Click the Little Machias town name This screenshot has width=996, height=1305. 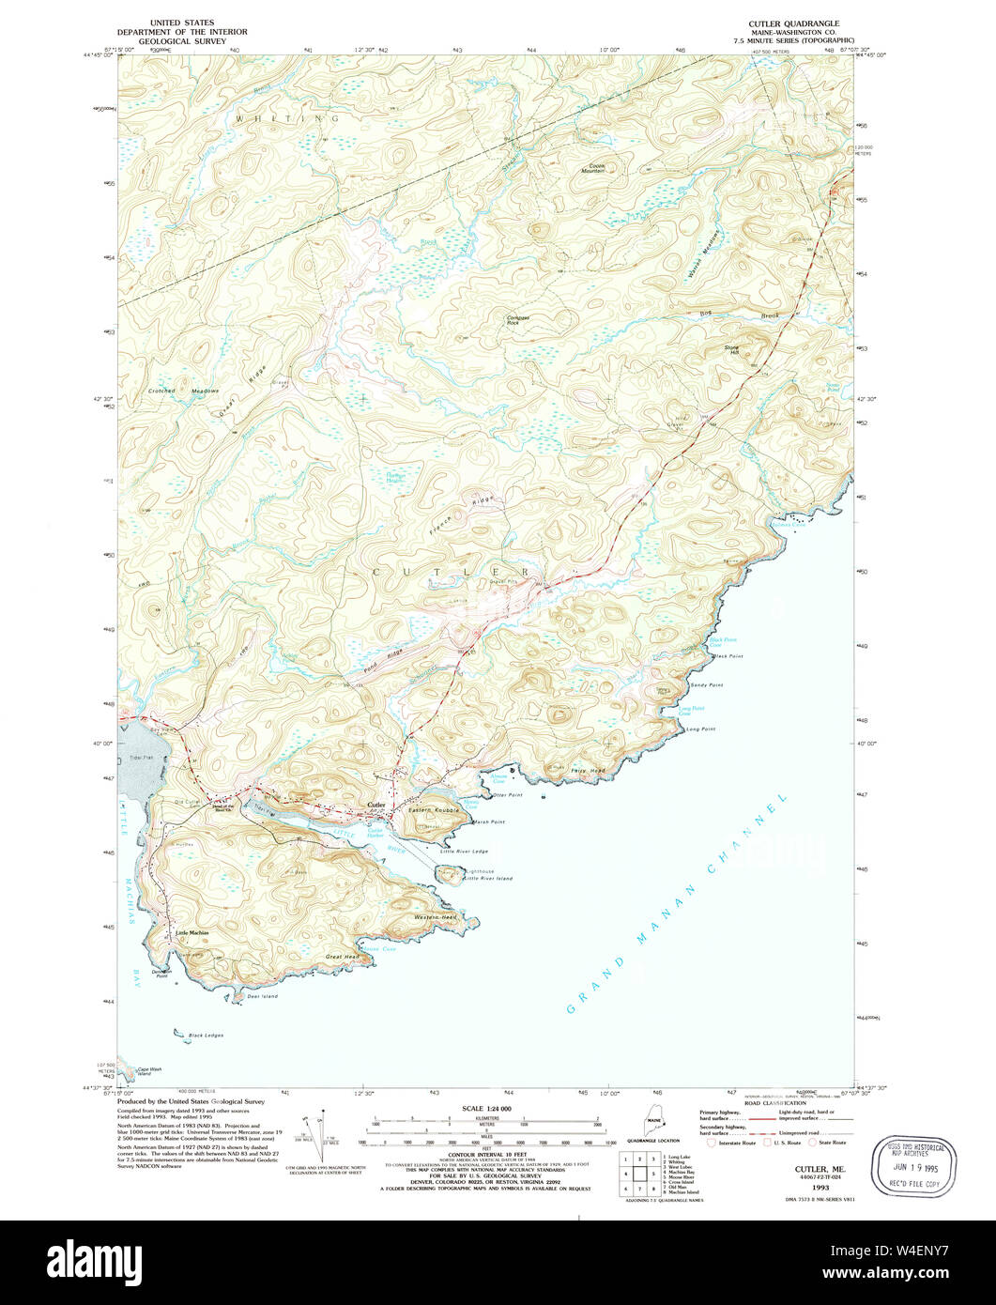[x=192, y=932]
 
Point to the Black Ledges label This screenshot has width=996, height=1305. [x=206, y=1036]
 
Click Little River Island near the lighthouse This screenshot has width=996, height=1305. [x=489, y=878]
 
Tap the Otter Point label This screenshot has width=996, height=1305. [x=507, y=795]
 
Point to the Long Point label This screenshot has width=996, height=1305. [x=700, y=729]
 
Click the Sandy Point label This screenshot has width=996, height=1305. [x=707, y=685]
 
